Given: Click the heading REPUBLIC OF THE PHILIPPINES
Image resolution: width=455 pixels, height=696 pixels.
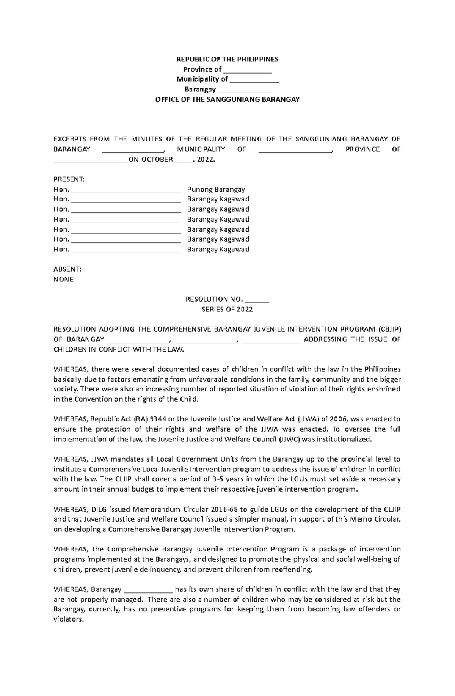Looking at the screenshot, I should click(x=227, y=59).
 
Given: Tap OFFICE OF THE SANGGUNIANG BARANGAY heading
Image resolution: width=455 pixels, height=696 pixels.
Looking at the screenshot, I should click(x=227, y=99).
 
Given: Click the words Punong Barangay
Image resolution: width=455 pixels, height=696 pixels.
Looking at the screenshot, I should click(x=216, y=189).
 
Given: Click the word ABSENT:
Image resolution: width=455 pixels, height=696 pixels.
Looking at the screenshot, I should click(x=67, y=269).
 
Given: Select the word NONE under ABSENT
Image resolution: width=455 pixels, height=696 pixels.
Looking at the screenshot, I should click(x=63, y=280).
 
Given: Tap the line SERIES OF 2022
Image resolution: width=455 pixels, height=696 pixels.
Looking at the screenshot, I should click(x=227, y=309).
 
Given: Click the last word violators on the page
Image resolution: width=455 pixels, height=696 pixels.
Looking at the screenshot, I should click(x=68, y=619).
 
